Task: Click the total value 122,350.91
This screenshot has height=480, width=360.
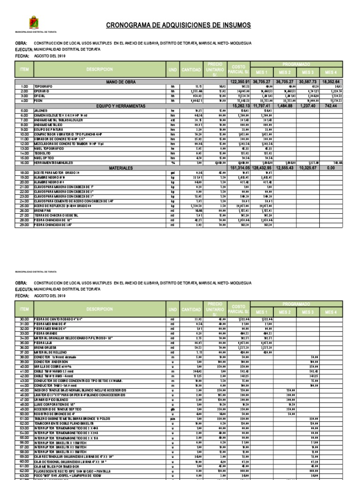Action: click(238, 82)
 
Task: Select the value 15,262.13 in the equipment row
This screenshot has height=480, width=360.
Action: click(238, 106)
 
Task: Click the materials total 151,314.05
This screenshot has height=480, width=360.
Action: click(238, 167)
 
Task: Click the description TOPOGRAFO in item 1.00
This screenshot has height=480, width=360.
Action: click(43, 87)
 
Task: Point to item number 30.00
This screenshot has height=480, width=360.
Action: click(24, 319)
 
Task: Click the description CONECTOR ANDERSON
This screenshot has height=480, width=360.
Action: click(49, 362)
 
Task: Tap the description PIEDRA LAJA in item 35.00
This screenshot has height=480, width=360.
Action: click(44, 343)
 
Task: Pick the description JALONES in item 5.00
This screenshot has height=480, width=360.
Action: click(41, 111)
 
